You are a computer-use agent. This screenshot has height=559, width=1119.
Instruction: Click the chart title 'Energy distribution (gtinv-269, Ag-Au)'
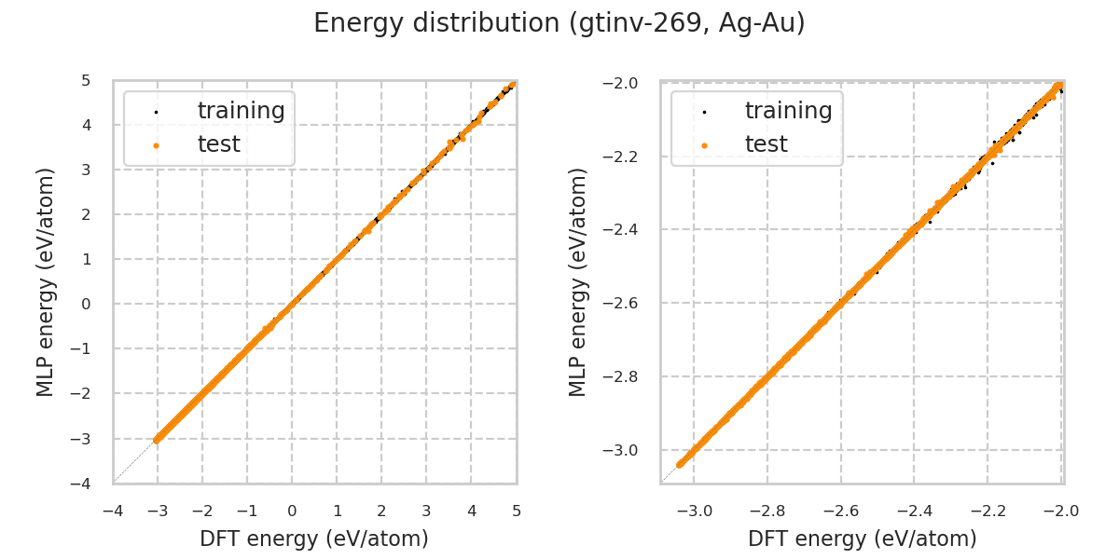tap(559, 23)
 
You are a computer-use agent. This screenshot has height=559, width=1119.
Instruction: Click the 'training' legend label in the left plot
tap(241, 111)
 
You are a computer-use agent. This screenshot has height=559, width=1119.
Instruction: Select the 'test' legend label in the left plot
tap(218, 144)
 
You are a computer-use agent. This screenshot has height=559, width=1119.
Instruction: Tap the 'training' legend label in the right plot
tap(788, 111)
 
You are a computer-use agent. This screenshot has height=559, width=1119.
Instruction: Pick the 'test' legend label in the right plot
tap(766, 144)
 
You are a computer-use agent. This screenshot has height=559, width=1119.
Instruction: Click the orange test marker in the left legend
tap(156, 145)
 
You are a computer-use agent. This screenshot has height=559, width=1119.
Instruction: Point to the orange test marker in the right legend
tap(703, 145)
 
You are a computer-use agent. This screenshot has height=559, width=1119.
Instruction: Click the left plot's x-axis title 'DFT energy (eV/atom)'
tap(314, 539)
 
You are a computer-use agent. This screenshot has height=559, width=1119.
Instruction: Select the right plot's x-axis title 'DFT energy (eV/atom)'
tap(862, 539)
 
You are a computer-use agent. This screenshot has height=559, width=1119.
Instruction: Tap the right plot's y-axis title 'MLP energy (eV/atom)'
tap(579, 281)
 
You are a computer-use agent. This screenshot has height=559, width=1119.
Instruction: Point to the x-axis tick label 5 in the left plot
tap(516, 511)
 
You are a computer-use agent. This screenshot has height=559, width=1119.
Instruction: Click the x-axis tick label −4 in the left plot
tap(113, 511)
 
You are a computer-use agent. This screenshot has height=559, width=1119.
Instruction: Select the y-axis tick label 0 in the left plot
tap(85, 304)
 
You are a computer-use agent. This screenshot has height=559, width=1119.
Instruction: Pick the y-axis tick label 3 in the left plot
tap(85, 170)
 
